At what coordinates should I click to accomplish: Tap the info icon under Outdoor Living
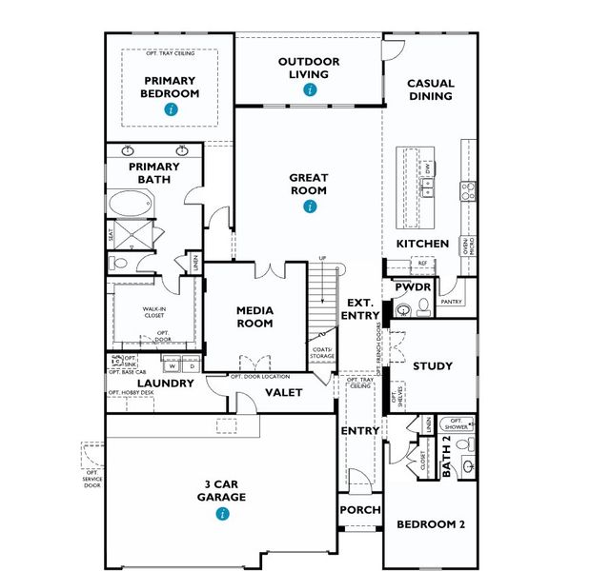[x=309, y=90]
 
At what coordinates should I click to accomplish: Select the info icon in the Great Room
[x=309, y=206]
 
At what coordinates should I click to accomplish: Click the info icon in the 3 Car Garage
[x=222, y=514]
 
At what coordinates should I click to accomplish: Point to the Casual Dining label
[x=431, y=90]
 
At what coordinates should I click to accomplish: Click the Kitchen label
[x=422, y=245]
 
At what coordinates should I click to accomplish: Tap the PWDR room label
[x=415, y=287]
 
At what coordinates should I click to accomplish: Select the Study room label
[x=432, y=366]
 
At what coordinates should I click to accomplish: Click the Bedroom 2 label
[x=430, y=524]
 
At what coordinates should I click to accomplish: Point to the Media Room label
[x=254, y=317]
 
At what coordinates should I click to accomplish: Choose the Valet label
[x=283, y=392]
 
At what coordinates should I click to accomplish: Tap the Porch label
[x=360, y=510]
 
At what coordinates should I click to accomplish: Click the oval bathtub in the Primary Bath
[x=128, y=205]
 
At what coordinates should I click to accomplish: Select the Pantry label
[x=451, y=302]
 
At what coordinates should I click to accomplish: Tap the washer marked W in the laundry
[x=173, y=365]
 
